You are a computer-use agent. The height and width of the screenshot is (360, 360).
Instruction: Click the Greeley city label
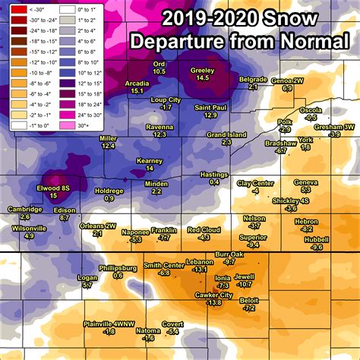click(202, 70)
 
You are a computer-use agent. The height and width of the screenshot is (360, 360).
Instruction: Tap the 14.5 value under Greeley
click(202, 77)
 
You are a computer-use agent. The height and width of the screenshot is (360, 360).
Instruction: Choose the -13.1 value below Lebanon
click(200, 269)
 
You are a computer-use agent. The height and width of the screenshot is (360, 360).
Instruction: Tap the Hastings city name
click(214, 175)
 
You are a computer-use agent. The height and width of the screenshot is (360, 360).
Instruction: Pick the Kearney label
click(149, 160)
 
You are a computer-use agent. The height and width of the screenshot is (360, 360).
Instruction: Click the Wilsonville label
click(30, 228)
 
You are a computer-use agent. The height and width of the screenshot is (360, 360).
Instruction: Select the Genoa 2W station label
click(287, 81)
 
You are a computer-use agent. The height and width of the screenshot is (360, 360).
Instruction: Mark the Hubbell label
click(317, 239)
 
